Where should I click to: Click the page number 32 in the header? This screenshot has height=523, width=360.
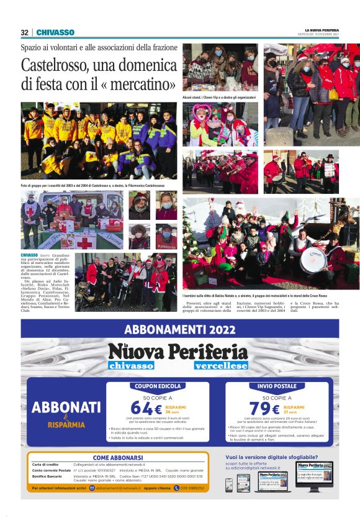coord(24,32)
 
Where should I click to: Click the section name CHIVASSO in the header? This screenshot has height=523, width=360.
coord(55,32)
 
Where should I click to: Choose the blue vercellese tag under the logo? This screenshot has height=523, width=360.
coord(220,366)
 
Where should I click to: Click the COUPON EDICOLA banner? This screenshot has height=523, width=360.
coord(158,386)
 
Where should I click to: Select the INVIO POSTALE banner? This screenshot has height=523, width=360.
coord(277,386)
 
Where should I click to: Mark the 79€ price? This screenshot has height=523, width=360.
coord(264,408)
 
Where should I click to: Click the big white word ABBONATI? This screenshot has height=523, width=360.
coord(66,407)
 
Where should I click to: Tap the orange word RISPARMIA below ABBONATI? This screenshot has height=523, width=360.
coord(66,425)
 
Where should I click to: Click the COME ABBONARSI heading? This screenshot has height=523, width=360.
coord(119,458)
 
